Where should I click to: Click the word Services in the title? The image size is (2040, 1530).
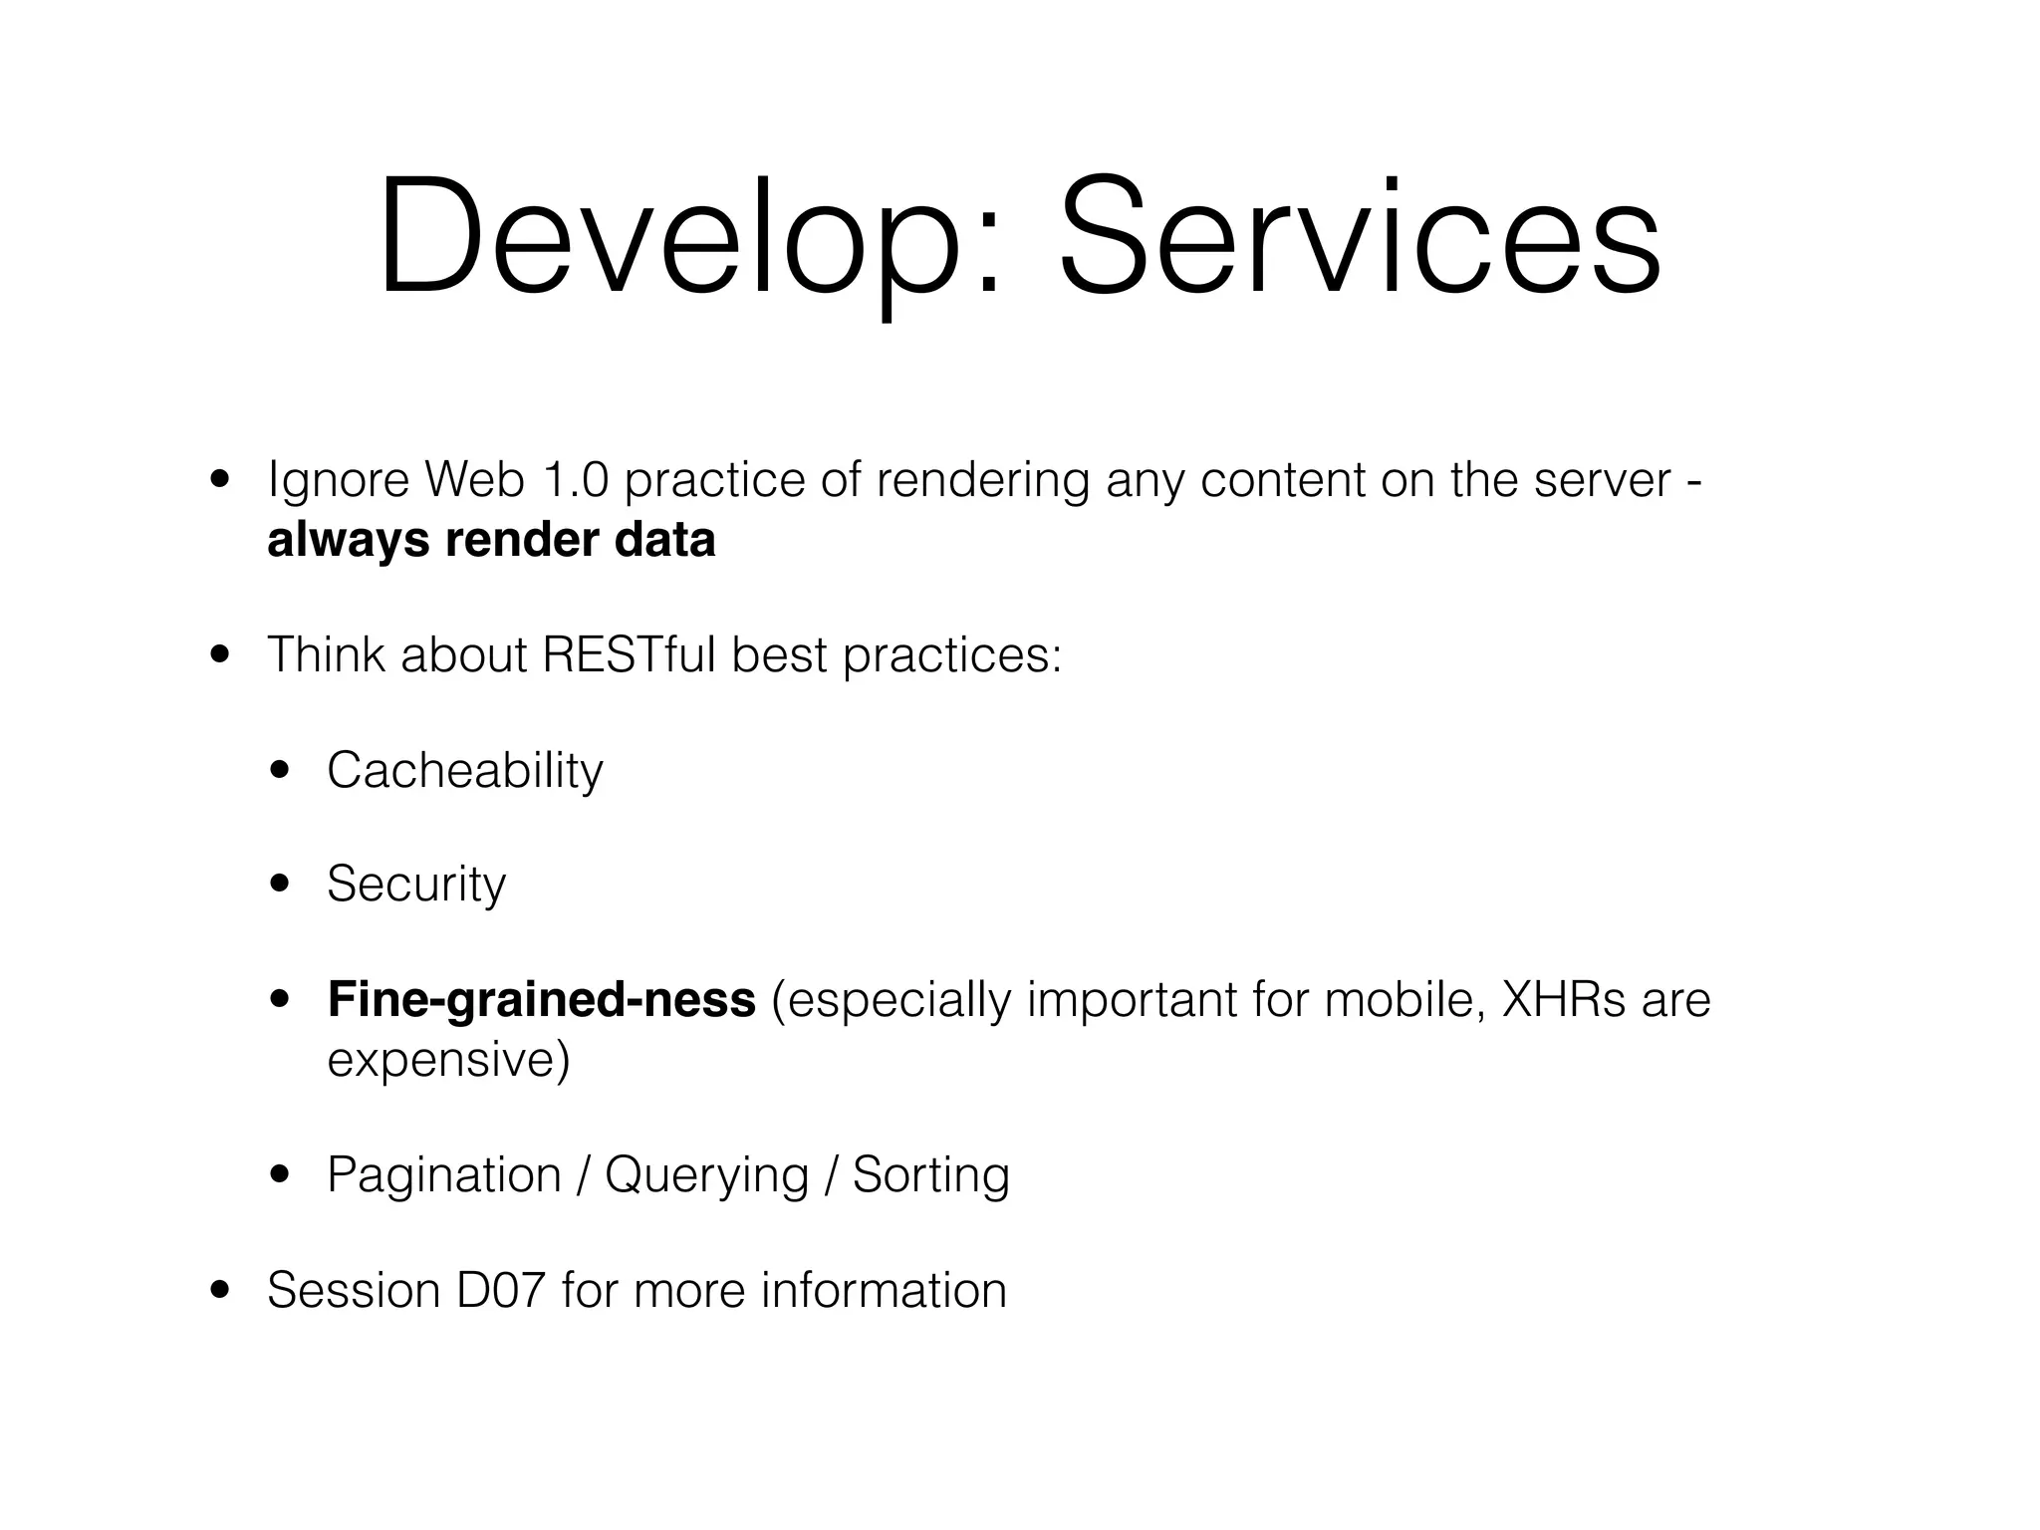(x=1360, y=239)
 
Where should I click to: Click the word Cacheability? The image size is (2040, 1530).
(x=464, y=770)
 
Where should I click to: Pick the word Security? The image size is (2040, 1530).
(x=416, y=885)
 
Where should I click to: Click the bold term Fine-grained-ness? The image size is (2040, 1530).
(x=541, y=999)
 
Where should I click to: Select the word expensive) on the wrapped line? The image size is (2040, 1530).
(x=448, y=1060)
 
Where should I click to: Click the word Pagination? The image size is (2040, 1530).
(x=444, y=1175)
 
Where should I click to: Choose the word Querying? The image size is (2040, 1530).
(x=706, y=1175)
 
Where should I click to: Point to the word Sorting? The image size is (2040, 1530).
(x=930, y=1175)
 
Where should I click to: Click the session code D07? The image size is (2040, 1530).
(x=501, y=1290)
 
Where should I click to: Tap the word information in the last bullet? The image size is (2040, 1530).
(x=884, y=1290)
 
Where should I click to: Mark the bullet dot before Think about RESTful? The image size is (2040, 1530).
(x=220, y=655)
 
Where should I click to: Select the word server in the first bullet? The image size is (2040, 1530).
(x=1601, y=480)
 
